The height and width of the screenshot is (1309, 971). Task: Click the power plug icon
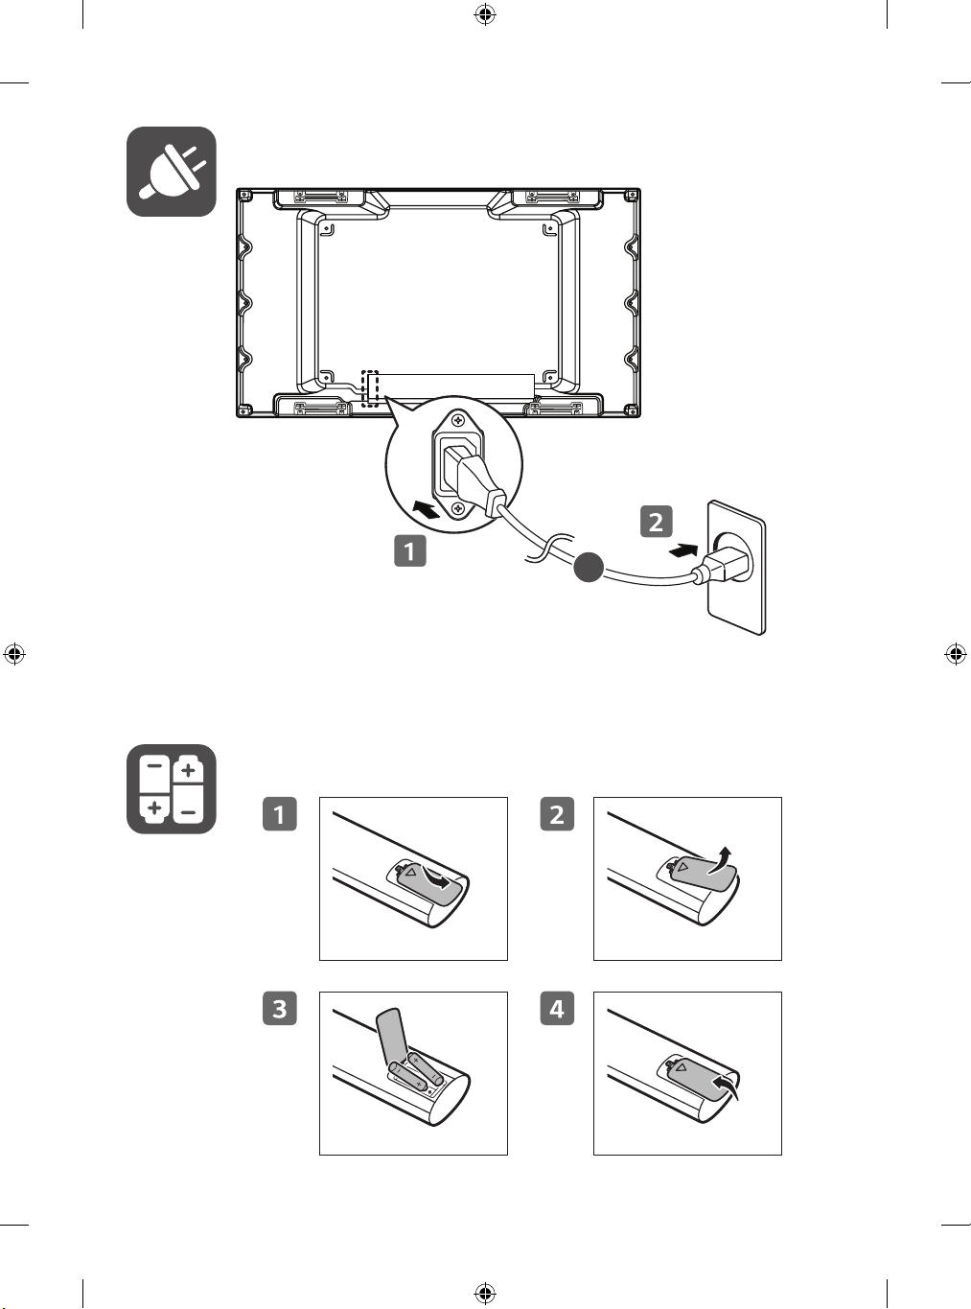point(171,171)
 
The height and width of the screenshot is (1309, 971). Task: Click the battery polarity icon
point(171,788)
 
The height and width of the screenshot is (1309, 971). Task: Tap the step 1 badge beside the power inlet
point(410,550)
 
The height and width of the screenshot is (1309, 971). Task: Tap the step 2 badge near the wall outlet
point(656,522)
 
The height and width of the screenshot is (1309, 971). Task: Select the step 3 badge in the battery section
point(280,1008)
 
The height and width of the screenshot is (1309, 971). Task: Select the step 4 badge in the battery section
point(557,1008)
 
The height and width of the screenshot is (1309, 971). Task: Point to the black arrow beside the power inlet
point(427,508)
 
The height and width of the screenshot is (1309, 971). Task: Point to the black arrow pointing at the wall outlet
point(683,551)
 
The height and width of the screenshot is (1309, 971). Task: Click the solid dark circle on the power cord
point(589,567)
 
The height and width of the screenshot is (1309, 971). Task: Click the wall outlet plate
point(736,567)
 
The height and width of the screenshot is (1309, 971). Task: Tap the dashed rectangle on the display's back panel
point(370,388)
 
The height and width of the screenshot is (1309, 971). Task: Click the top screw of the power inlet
point(458,421)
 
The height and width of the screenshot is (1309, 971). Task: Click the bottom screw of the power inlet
point(458,508)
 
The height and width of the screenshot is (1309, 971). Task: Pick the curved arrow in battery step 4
point(727,1085)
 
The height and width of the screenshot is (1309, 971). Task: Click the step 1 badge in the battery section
point(280,814)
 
